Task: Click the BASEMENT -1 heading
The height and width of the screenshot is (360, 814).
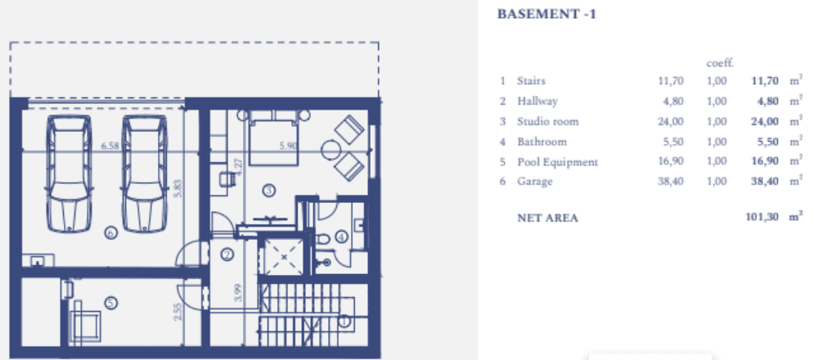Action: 546,14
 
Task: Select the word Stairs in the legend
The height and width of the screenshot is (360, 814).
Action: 531,80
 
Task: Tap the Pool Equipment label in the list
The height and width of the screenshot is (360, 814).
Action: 558,162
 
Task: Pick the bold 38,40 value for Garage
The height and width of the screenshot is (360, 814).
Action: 765,182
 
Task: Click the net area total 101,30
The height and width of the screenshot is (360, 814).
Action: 762,217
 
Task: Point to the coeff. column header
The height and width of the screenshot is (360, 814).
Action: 720,63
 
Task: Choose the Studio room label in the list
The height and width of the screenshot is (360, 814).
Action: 547,122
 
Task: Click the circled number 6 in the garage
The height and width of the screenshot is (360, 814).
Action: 110,233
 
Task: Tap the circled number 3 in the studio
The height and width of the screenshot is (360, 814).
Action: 269,191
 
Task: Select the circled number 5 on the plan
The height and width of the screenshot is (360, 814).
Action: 110,303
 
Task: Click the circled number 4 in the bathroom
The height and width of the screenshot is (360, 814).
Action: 341,237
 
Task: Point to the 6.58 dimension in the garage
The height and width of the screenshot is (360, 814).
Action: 110,146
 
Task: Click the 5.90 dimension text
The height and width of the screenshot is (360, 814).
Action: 288,146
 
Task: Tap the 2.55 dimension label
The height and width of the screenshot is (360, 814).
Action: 178,311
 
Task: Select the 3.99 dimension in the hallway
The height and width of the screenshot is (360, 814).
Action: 238,294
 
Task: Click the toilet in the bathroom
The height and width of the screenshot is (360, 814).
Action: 322,241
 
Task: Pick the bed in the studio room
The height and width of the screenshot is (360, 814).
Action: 273,137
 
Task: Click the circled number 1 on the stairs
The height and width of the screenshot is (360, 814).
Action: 344,321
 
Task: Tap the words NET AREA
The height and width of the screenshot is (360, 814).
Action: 547,218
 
